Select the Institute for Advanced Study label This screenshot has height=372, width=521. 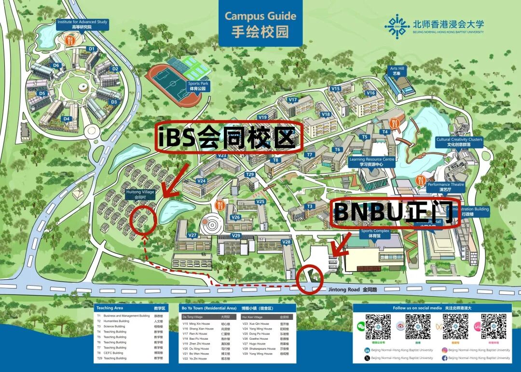(x=82, y=25)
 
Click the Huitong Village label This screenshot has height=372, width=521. (x=140, y=194)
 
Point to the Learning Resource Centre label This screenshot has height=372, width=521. (x=371, y=162)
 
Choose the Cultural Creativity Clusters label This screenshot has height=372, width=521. (x=458, y=142)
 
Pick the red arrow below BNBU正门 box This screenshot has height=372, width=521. (x=341, y=245)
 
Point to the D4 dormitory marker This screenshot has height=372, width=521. (x=67, y=119)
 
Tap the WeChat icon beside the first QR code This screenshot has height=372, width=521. (x=360, y=327)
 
